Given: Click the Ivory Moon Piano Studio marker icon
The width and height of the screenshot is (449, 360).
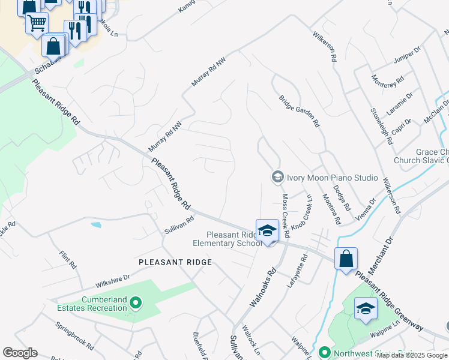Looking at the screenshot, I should (277, 176).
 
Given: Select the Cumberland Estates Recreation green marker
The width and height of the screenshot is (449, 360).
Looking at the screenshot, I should (135, 303).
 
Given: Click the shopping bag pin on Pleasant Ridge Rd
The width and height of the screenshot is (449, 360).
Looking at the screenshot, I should (346, 259).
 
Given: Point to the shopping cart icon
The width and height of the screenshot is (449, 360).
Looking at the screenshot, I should (37, 23).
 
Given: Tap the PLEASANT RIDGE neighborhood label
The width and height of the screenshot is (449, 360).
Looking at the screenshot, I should (175, 262).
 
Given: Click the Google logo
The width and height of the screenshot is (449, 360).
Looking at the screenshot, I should (20, 353).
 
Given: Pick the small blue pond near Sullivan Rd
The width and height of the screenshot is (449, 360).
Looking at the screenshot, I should (97, 226).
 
